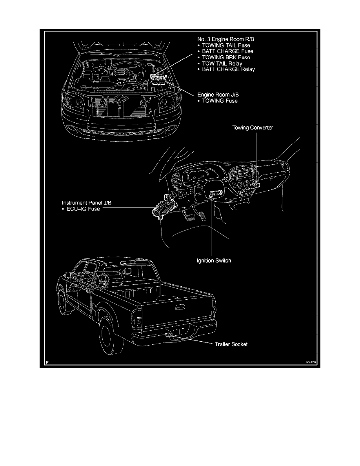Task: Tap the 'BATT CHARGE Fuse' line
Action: [227, 51]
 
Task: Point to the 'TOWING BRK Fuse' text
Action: [226, 57]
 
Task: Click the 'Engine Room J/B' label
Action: [216, 95]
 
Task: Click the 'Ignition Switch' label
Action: [214, 260]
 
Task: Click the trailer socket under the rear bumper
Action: [167, 335]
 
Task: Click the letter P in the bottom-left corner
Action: [47, 363]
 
